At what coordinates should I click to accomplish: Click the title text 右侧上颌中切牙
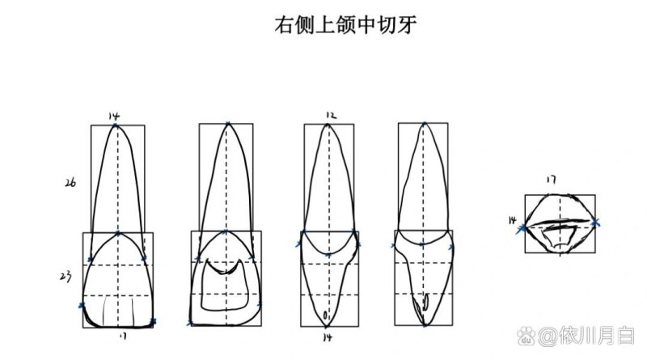[344, 25]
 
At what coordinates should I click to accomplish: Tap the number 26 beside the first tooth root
[70, 183]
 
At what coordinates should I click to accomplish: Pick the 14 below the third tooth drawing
[328, 336]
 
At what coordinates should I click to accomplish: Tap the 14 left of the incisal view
[512, 219]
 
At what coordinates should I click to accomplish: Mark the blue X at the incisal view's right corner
[597, 220]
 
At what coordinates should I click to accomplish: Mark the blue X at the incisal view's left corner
[522, 229]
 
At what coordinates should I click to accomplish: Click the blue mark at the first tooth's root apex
[117, 125]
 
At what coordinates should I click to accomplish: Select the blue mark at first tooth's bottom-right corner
[153, 322]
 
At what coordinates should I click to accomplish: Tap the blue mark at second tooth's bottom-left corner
[189, 324]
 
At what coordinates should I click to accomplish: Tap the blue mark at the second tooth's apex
[227, 125]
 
